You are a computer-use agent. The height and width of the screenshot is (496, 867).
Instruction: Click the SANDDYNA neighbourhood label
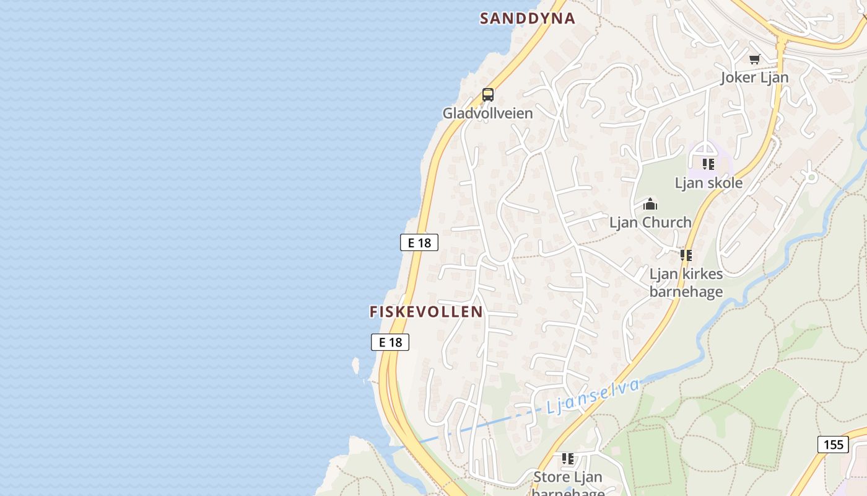point(528,19)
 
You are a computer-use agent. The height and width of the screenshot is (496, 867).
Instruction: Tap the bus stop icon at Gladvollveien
point(488,95)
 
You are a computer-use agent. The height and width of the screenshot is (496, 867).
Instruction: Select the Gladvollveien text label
point(487,113)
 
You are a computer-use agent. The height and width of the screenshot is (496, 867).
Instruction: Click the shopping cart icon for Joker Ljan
point(754,60)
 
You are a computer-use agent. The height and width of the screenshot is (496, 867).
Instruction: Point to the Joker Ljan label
point(754,77)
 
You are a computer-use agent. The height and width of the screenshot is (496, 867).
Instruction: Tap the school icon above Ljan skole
point(708,164)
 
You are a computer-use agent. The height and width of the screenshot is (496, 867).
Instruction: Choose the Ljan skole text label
point(708,183)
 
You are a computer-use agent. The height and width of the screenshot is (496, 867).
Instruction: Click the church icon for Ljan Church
point(650,204)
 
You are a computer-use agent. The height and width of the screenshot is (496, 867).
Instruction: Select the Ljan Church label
point(650,222)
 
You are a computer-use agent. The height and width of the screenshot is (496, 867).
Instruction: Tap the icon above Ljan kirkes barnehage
point(686,255)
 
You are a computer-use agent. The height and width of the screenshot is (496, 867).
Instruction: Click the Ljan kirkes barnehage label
point(686,283)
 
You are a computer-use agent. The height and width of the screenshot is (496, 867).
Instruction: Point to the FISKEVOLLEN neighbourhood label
point(426,312)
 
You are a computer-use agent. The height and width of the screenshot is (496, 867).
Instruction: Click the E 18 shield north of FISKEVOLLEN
point(419,242)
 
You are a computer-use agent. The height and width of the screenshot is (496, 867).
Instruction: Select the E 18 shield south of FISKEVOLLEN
point(390,342)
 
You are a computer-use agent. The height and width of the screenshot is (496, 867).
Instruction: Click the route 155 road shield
point(833,444)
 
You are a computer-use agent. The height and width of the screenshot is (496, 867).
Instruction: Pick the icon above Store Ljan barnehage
point(568,459)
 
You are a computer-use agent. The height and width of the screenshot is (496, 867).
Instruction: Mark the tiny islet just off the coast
point(356,366)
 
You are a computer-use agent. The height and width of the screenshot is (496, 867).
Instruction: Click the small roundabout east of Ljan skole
point(811,178)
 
